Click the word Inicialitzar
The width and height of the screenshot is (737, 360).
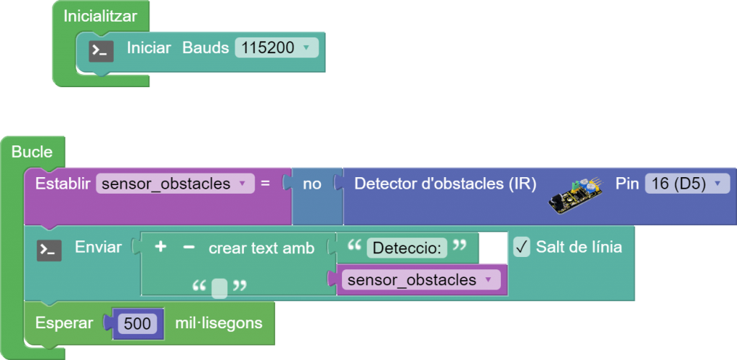pos(100,15)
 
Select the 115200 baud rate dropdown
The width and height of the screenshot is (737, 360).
pos(276,48)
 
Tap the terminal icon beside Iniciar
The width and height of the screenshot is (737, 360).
pos(101,50)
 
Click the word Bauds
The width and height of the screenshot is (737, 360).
pos(205,48)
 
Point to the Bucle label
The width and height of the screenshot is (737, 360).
pos(32,152)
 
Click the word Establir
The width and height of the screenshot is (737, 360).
pos(62,184)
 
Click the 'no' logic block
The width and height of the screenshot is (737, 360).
pos(312,184)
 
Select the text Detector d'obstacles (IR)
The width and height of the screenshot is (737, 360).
pos(445,184)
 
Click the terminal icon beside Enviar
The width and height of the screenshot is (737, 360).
pos(49,250)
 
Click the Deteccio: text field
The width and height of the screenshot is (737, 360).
pos(407,248)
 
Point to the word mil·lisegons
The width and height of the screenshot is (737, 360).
pos(219,323)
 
